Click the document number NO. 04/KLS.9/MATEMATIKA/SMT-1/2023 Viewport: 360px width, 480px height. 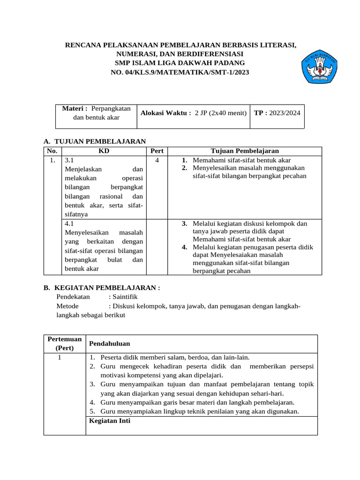(180, 72)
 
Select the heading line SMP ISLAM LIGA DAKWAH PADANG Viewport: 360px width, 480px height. (180, 63)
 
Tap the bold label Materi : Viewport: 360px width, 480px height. (75, 109)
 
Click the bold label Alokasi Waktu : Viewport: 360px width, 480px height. (166, 113)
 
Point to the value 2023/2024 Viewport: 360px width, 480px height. (284, 113)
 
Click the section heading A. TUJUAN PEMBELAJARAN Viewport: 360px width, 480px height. (95, 141)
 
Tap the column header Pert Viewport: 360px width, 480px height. (157, 151)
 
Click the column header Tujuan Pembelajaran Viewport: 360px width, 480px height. (245, 151)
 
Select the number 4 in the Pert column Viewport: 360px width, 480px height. (157, 160)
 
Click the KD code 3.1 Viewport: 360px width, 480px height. (70, 160)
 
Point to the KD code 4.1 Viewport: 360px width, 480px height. (70, 224)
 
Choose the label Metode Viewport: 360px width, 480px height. (67, 306)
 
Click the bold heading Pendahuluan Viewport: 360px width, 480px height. (109, 344)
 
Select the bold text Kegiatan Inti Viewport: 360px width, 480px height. (110, 420)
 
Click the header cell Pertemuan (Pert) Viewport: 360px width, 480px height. (65, 344)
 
